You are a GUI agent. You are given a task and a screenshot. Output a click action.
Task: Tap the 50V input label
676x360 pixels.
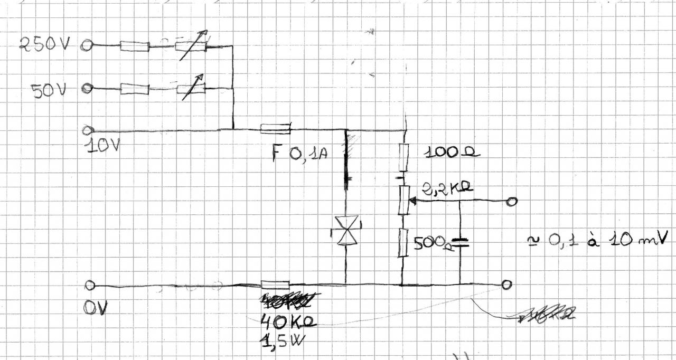(x=49, y=91)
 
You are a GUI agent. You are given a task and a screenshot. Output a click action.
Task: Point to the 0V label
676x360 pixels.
(x=95, y=308)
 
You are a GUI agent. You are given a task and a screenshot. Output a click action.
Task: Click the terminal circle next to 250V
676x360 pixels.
(x=87, y=46)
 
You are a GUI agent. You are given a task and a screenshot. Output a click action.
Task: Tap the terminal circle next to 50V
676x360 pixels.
(x=87, y=89)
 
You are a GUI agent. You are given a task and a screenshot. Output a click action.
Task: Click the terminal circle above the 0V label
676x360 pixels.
(x=90, y=286)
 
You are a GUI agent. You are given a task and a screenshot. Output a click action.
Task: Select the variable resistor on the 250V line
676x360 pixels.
(x=190, y=46)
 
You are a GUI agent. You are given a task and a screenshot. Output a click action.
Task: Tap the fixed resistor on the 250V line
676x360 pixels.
(x=134, y=46)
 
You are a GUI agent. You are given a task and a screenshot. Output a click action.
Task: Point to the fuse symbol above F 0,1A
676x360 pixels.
(x=275, y=128)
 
